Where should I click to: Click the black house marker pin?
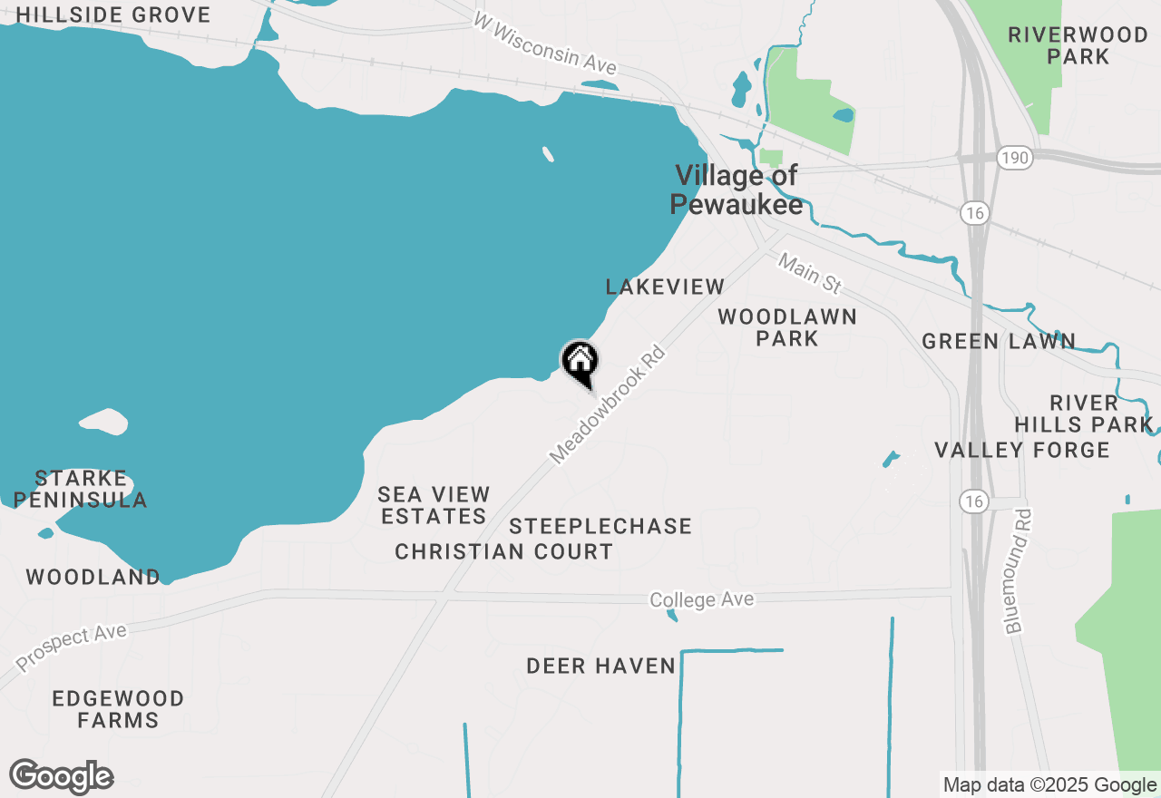click(580, 363)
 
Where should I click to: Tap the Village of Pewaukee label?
click(737, 190)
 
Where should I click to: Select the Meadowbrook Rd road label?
click(608, 404)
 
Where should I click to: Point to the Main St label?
click(810, 273)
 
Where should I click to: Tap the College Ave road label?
click(701, 599)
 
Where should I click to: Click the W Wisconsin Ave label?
click(545, 44)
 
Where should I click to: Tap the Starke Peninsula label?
click(81, 489)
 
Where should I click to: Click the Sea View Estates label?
click(434, 505)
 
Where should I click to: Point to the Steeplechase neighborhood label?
click(600, 526)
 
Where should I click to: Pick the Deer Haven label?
click(601, 667)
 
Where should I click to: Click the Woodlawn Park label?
click(787, 327)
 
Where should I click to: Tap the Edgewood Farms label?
click(118, 709)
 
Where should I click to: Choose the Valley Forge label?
click(1022, 450)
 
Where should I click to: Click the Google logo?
click(62, 777)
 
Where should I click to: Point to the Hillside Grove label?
click(113, 15)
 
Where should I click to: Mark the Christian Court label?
click(503, 551)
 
